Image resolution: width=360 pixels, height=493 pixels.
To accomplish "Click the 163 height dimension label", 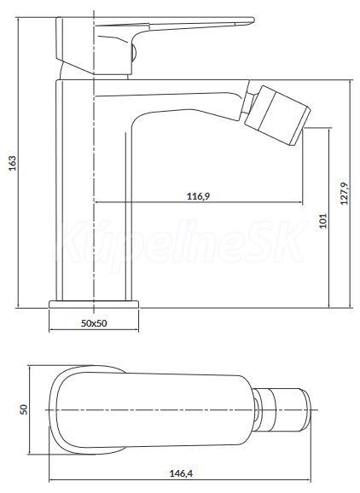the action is click(x=12, y=163).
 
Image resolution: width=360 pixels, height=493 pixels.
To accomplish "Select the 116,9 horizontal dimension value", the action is click(x=198, y=196).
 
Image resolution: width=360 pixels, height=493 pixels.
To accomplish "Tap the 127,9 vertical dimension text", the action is click(x=344, y=194).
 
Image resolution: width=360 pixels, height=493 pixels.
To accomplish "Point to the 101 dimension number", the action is click(x=323, y=221).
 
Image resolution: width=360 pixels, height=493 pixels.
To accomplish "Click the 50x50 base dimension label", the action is click(x=94, y=323).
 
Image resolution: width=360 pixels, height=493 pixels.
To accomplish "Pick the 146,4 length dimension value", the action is click(x=181, y=473).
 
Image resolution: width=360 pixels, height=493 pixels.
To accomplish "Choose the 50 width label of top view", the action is click(x=24, y=409).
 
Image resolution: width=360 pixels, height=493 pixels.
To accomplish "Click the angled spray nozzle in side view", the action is click(x=277, y=115).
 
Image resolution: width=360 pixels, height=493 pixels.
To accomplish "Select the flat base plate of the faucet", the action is click(x=94, y=304).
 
